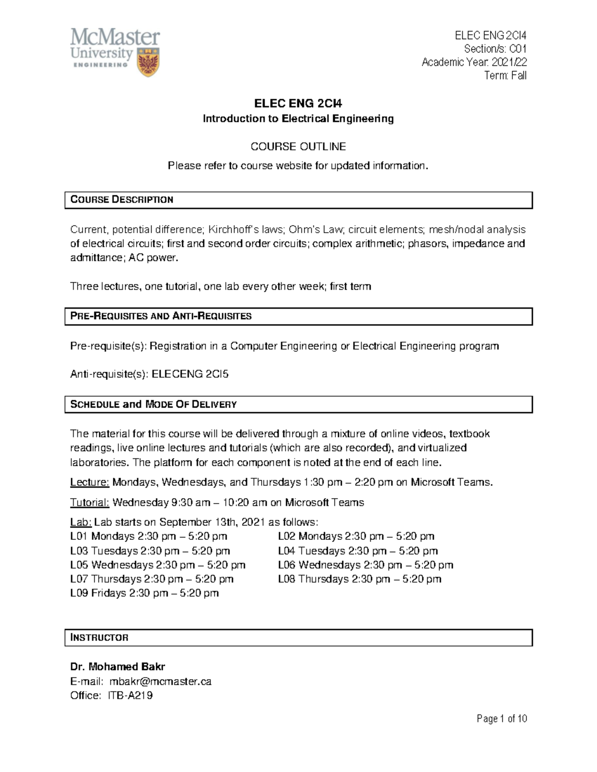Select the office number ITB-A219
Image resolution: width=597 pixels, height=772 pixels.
tap(130, 695)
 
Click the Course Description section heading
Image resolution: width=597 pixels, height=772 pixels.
tap(122, 200)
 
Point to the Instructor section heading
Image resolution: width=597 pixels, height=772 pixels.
tap(99, 637)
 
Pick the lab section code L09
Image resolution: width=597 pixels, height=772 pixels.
tap(80, 593)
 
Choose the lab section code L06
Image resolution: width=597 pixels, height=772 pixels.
tap(287, 565)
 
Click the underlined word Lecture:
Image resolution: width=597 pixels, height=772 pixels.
tap(90, 482)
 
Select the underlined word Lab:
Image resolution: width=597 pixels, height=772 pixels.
tap(81, 522)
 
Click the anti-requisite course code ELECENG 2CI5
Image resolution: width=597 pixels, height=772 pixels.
tap(190, 374)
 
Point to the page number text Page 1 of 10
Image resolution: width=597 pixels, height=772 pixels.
tap(501, 719)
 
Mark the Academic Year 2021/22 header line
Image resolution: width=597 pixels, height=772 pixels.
tap(474, 62)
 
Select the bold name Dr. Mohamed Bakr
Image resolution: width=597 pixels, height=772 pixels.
tap(118, 667)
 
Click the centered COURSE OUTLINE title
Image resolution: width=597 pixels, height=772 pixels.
tap(298, 147)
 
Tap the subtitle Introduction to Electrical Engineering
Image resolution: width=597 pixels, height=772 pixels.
tap(298, 119)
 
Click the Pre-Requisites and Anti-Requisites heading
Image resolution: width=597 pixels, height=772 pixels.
tap(161, 316)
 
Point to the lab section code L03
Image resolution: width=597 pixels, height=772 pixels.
tap(80, 551)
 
